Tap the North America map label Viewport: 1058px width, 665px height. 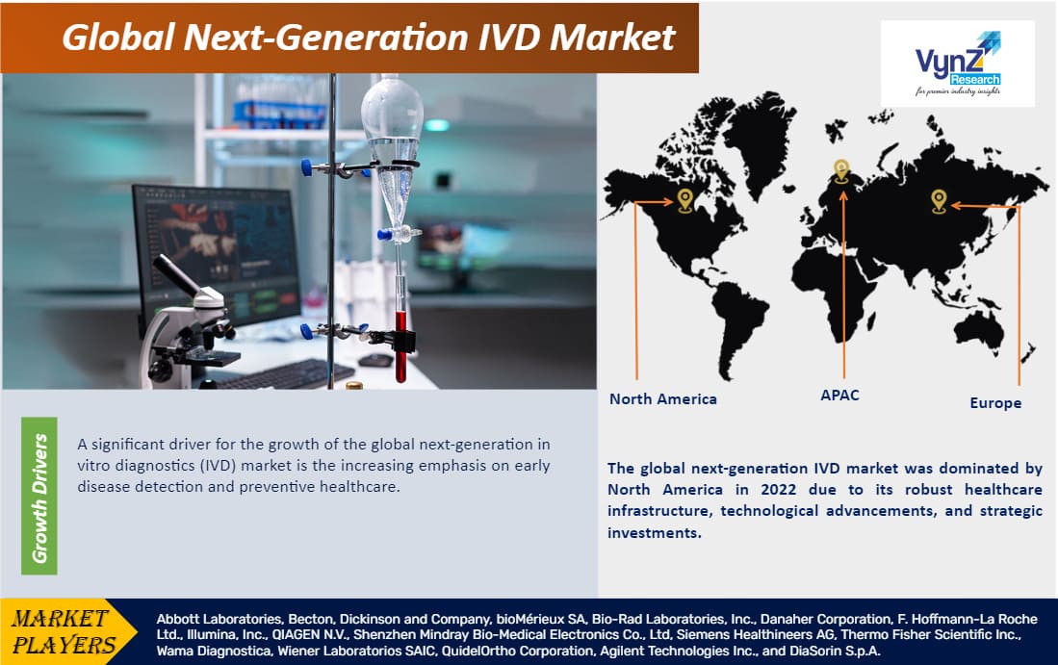(662, 398)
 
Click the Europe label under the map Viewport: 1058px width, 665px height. (994, 402)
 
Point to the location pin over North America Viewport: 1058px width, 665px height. (684, 199)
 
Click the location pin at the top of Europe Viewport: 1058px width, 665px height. (840, 170)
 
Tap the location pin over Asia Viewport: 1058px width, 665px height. (939, 200)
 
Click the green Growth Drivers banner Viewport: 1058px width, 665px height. (39, 496)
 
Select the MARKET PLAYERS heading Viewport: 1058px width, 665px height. (63, 630)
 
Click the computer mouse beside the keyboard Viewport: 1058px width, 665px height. (374, 360)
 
